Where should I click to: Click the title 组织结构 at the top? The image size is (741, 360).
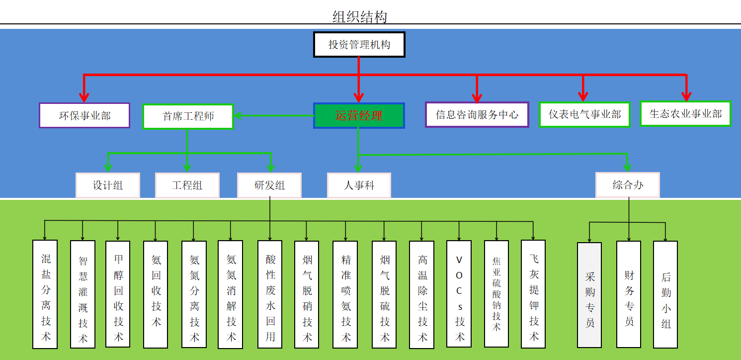click(x=359, y=17)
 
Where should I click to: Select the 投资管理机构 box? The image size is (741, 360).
click(x=359, y=45)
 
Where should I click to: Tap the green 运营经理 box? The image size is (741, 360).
click(x=359, y=116)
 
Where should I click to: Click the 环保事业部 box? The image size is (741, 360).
click(x=84, y=116)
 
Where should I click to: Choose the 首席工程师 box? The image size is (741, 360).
click(x=188, y=116)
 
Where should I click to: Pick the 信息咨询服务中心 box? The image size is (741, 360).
click(x=477, y=115)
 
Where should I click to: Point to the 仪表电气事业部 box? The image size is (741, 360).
click(x=584, y=114)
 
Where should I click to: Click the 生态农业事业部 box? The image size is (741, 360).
click(x=685, y=114)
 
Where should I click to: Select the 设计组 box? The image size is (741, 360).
click(x=108, y=185)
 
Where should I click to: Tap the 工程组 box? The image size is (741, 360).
click(x=187, y=185)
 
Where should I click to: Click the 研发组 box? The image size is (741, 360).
click(x=269, y=185)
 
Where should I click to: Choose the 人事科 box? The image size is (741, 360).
click(x=359, y=185)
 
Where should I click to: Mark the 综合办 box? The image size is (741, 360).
click(x=628, y=185)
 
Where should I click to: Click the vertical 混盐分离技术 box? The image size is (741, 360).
click(x=45, y=294)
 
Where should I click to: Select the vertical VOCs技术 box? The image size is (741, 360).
click(x=459, y=294)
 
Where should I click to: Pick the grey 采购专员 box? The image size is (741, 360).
click(x=589, y=295)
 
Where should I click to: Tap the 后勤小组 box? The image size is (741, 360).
click(x=665, y=295)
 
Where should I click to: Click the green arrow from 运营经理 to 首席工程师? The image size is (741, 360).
click(x=273, y=116)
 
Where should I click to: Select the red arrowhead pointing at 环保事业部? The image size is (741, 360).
click(x=84, y=96)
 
